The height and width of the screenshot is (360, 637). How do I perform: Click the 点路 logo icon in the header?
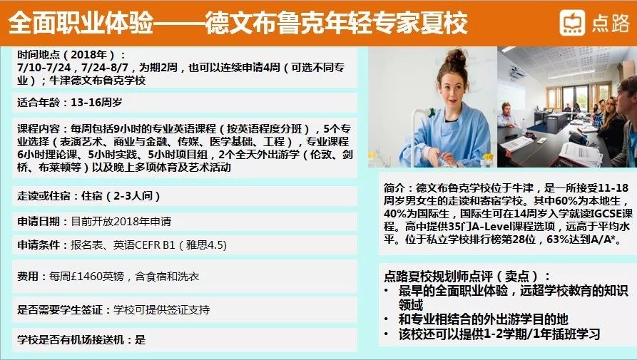(572, 23)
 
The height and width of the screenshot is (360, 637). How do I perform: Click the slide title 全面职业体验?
(81, 23)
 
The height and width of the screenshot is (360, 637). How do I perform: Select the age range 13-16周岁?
(96, 102)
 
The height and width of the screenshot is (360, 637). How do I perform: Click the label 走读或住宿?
(44, 196)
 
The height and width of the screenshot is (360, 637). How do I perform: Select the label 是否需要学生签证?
(60, 310)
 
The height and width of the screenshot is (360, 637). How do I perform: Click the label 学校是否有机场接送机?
(71, 339)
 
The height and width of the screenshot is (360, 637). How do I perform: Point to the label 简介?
(394, 188)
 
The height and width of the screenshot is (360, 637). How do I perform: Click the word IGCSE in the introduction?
(606, 213)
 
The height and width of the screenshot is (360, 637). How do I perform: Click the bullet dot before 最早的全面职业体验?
(387, 291)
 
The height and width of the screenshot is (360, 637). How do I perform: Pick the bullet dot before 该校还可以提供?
(387, 334)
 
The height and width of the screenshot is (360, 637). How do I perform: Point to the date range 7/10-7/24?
(44, 68)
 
